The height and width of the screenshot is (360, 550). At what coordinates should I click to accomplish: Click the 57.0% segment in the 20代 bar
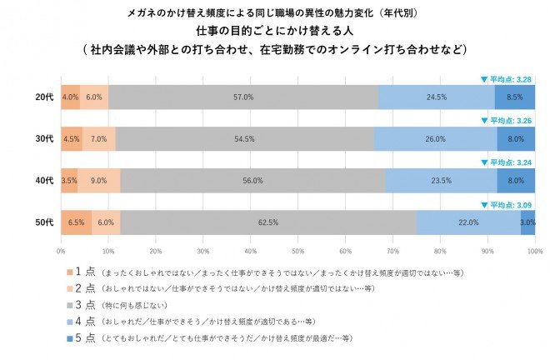[243, 97]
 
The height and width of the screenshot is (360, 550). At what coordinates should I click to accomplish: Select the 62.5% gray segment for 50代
[267, 222]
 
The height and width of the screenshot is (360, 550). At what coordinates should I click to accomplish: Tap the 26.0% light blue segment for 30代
[435, 138]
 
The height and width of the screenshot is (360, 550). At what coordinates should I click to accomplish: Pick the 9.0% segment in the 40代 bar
[98, 180]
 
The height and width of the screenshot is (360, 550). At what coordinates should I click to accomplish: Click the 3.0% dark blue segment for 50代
[527, 222]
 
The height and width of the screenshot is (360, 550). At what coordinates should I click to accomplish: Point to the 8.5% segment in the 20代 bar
[514, 97]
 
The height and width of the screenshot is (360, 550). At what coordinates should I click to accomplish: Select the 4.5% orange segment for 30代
[71, 138]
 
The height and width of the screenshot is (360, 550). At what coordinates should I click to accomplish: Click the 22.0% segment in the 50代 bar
[468, 222]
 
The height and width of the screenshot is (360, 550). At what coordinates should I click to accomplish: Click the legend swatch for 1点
[70, 272]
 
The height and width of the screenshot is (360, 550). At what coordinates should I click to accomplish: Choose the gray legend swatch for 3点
[70, 304]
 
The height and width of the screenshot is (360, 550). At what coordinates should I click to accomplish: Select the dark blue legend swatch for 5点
[70, 337]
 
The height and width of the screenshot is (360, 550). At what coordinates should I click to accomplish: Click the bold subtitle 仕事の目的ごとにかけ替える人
[274, 31]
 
